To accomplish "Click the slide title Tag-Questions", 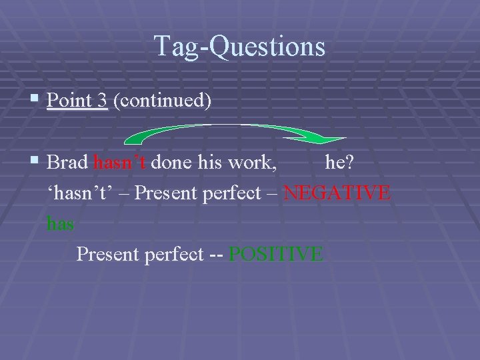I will [240, 46].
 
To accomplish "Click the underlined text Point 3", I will [77, 101].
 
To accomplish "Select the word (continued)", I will [163, 101].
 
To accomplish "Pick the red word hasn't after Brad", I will [121, 162].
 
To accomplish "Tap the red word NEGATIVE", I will [337, 193].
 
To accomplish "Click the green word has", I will [60, 224].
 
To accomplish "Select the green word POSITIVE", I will [276, 254].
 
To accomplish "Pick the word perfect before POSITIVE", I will [168, 254].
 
